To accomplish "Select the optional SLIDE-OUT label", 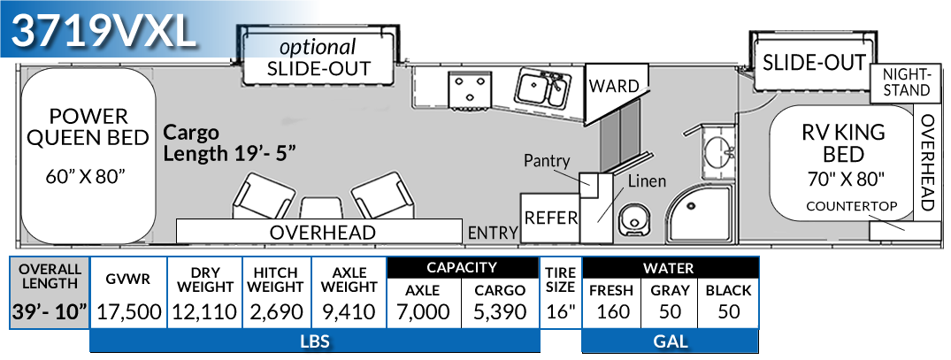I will coord(318,57).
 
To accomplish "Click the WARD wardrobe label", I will coord(613,87).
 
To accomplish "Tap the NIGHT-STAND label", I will coord(906,82).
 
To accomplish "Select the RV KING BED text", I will coord(843,143).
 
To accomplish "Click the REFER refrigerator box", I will coord(550,217).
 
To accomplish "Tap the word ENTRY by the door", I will coord(492,233).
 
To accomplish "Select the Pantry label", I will coord(547,161).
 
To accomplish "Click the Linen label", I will coord(646,180).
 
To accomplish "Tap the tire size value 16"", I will coord(560,311).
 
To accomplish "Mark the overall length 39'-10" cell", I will coord(50,311).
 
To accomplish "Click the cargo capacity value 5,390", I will coord(500,311).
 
